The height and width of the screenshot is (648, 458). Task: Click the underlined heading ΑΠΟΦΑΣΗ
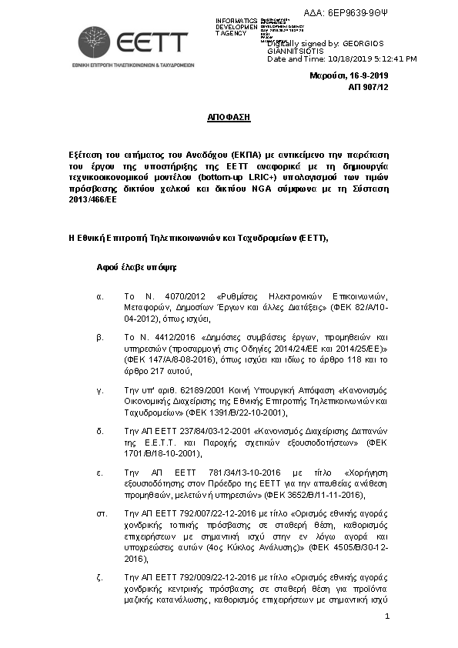tap(229, 118)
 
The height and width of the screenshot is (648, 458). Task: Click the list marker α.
tap(99, 297)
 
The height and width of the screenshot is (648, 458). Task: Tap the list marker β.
tap(99, 337)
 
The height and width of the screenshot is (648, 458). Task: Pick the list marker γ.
tap(99, 391)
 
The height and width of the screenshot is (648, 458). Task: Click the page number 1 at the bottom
tap(387, 616)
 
